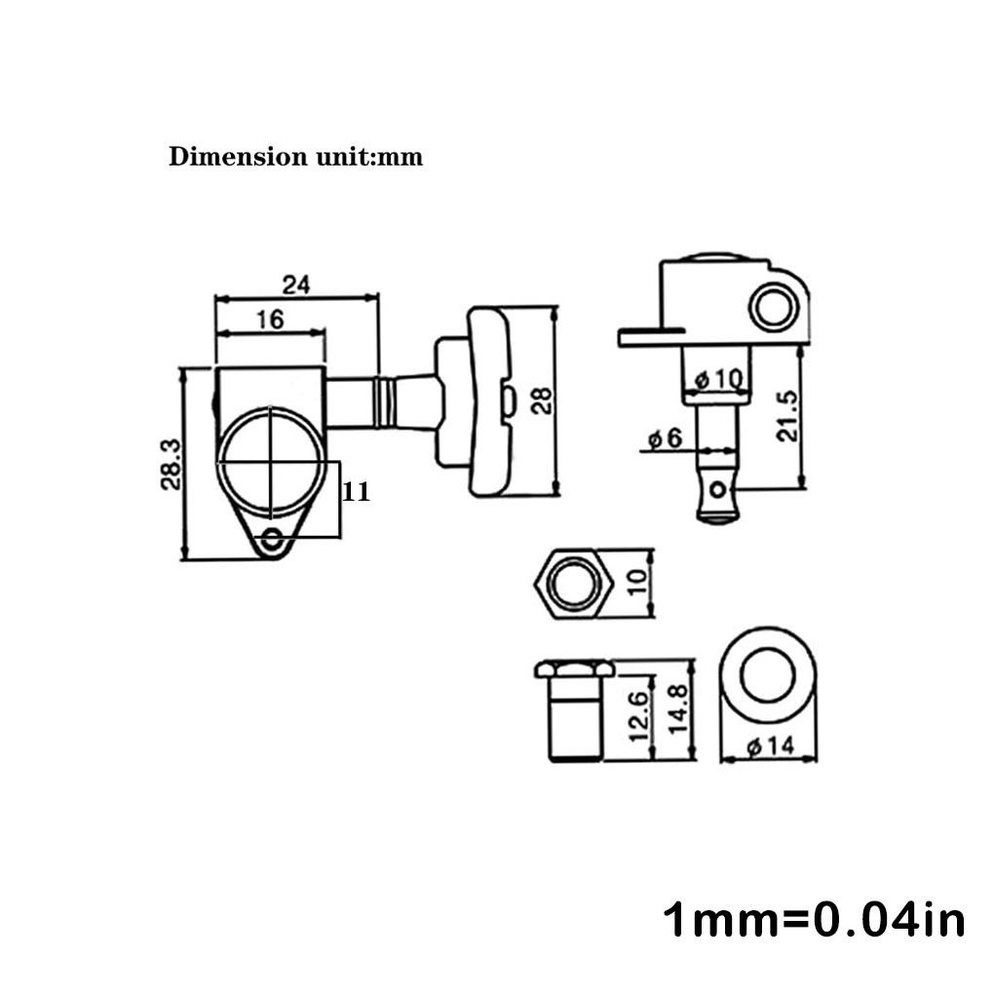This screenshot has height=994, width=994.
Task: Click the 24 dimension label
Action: click(296, 285)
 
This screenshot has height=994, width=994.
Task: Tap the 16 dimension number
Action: click(270, 320)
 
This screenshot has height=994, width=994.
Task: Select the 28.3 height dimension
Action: click(172, 465)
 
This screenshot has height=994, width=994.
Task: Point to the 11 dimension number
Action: click(356, 491)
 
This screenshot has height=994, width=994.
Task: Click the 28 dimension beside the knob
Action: click(542, 401)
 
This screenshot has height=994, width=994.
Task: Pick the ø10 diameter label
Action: click(718, 380)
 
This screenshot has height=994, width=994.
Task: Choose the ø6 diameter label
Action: click(665, 439)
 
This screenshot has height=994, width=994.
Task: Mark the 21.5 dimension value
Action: click(786, 416)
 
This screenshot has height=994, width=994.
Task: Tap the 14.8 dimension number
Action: click(677, 709)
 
